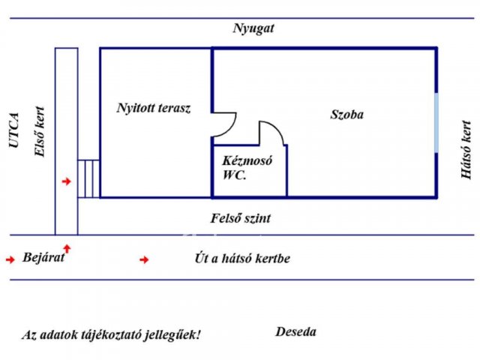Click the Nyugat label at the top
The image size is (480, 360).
(x=253, y=29)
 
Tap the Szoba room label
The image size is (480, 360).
(x=347, y=115)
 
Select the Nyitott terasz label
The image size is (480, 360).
(x=154, y=108)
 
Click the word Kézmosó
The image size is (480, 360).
(x=247, y=160)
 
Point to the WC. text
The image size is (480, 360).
(x=235, y=175)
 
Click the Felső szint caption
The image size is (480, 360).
(x=241, y=218)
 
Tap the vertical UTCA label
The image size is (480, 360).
(x=13, y=130)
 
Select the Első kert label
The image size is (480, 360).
(x=40, y=132)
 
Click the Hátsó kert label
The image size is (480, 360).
(x=466, y=149)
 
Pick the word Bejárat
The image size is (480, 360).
(x=43, y=257)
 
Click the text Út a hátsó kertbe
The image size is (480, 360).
(x=242, y=259)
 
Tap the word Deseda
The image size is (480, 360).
(x=296, y=331)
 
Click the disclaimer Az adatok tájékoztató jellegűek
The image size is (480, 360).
(x=112, y=334)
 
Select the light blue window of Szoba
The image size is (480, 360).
(x=436, y=123)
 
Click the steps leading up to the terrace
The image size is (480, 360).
(x=88, y=178)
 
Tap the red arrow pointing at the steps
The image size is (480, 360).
(x=67, y=181)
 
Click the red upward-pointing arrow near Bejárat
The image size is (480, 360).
(x=67, y=248)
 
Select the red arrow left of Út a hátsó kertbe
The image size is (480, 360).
(x=144, y=260)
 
